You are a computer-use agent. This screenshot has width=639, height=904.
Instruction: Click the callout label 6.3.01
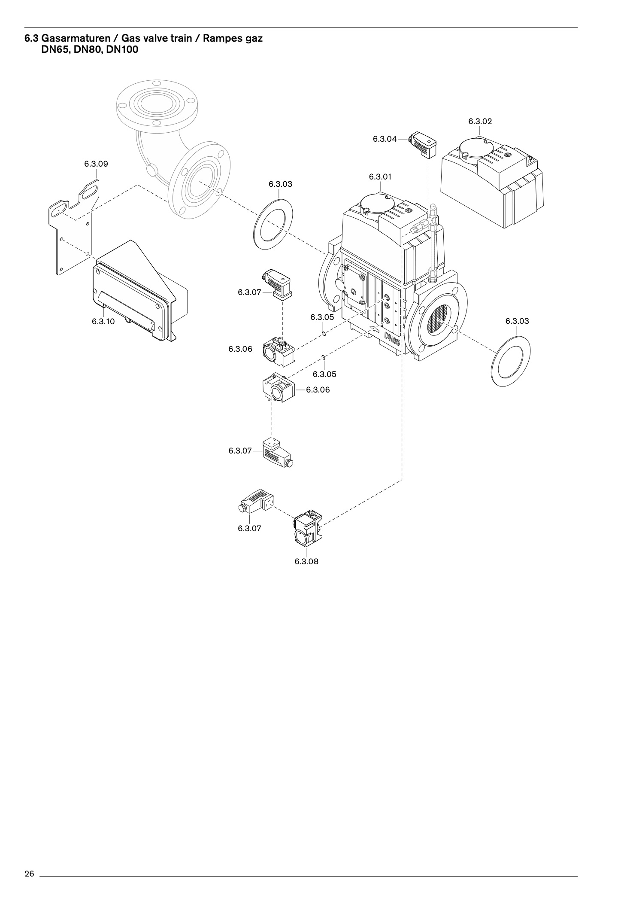(380, 177)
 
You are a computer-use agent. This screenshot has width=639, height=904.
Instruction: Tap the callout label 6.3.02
(480, 121)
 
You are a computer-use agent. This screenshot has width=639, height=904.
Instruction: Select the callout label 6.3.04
(385, 139)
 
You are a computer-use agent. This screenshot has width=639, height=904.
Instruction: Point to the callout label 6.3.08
(306, 561)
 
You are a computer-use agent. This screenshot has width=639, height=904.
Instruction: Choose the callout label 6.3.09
(96, 164)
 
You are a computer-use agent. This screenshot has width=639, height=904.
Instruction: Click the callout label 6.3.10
(103, 321)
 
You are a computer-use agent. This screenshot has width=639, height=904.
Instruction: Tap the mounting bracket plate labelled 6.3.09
(74, 225)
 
